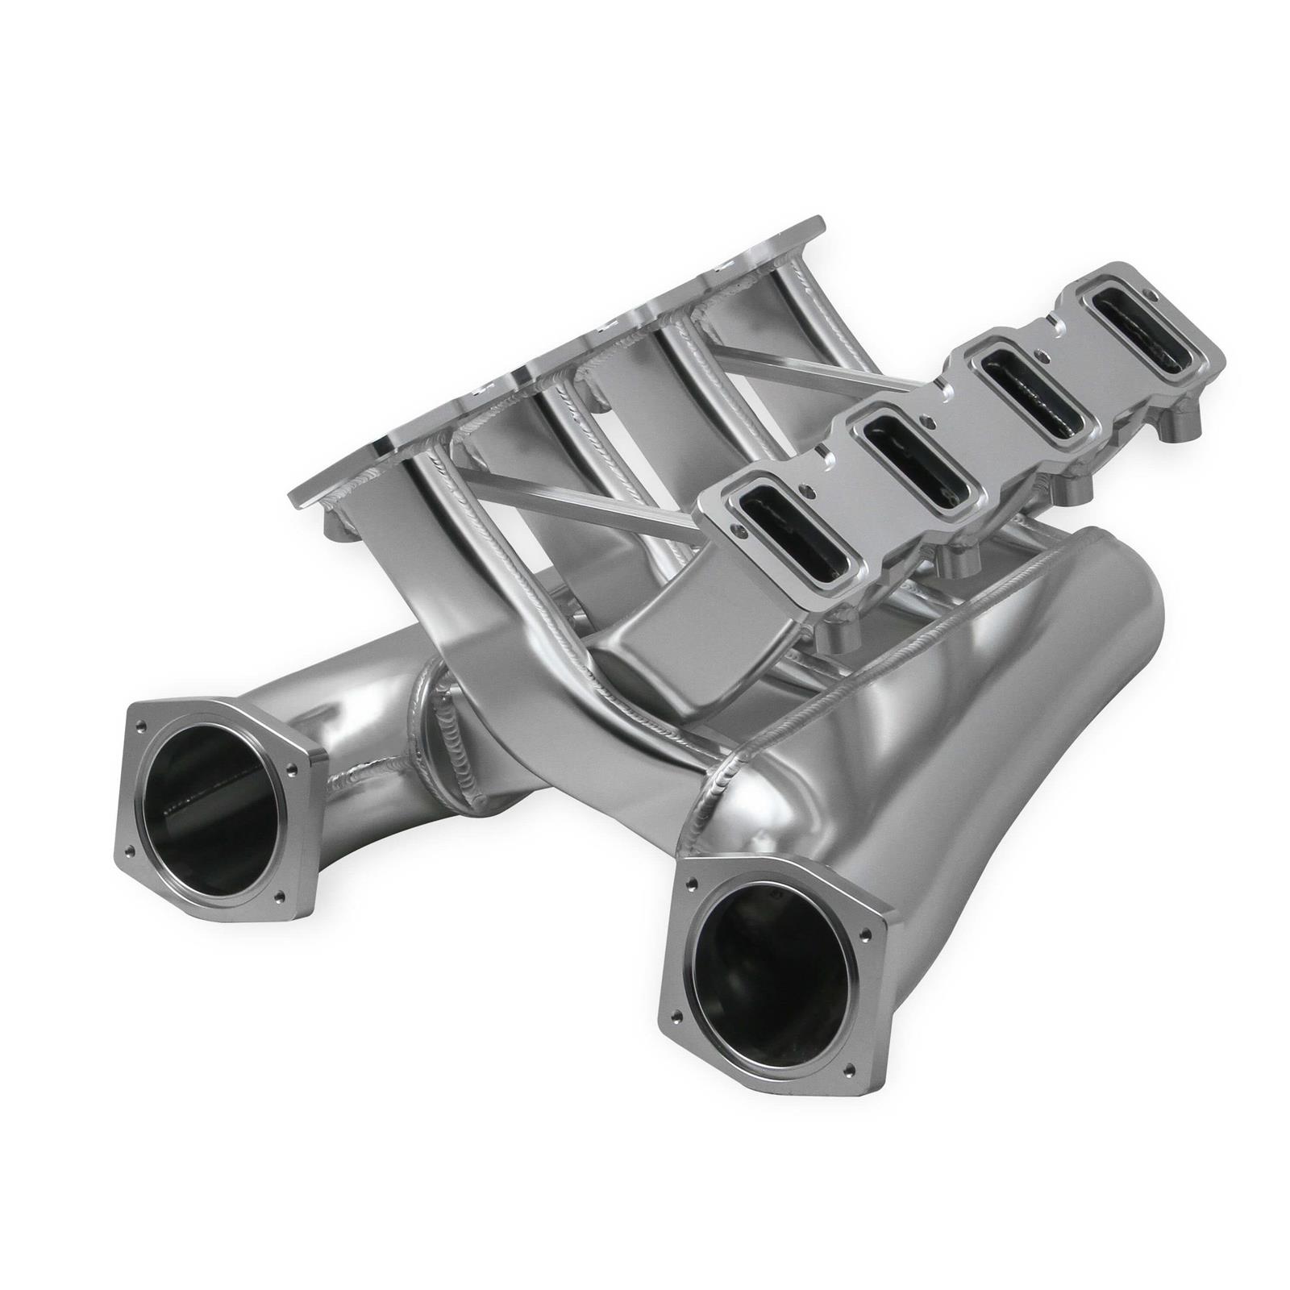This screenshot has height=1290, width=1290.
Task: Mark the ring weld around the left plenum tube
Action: click(435, 730)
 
